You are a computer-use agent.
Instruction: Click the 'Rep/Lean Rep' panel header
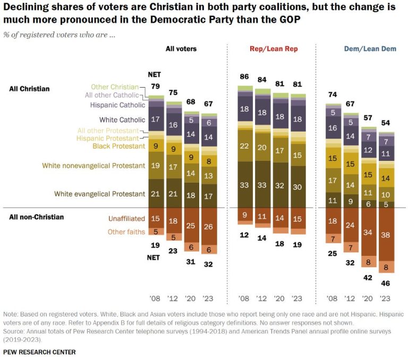click(x=274, y=49)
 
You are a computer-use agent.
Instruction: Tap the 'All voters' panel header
click(x=181, y=49)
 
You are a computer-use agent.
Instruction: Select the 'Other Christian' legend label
click(x=115, y=87)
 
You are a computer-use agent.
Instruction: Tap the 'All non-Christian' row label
click(x=36, y=217)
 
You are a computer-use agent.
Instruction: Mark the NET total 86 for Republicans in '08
click(x=245, y=77)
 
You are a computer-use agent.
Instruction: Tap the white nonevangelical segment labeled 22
click(x=245, y=146)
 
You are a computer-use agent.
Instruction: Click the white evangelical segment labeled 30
click(x=299, y=187)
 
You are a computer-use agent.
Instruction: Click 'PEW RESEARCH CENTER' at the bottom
click(x=39, y=352)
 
